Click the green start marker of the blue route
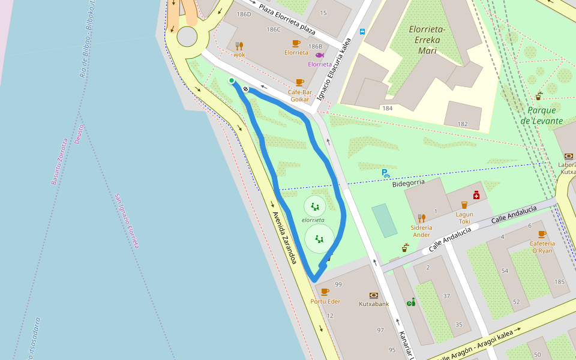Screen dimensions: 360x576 pos(232,80)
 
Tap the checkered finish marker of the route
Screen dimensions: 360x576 pos(245,89)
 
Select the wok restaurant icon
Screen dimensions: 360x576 pos(239,46)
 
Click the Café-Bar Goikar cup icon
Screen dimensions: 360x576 pos(300,82)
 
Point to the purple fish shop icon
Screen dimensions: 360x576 pos(319,55)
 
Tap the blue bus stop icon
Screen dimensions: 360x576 pos(362,32)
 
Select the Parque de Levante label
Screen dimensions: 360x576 pos(541,115)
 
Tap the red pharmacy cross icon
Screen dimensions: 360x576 pos(476,195)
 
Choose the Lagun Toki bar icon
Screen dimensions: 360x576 pos(464,205)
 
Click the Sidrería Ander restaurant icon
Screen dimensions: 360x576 pos(422,218)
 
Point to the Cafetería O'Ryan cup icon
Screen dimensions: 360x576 pos(542,235)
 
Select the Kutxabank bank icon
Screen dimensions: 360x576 pos(374,295)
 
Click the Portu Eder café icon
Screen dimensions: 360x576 pos(325,292)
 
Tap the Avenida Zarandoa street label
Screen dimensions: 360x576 pos(284,238)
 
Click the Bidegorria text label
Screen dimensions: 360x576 pos(408,182)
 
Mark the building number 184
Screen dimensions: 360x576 pos(387,108)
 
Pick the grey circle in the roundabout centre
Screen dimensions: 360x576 pos(187,37)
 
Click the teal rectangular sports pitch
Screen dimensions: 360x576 pos(384,220)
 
